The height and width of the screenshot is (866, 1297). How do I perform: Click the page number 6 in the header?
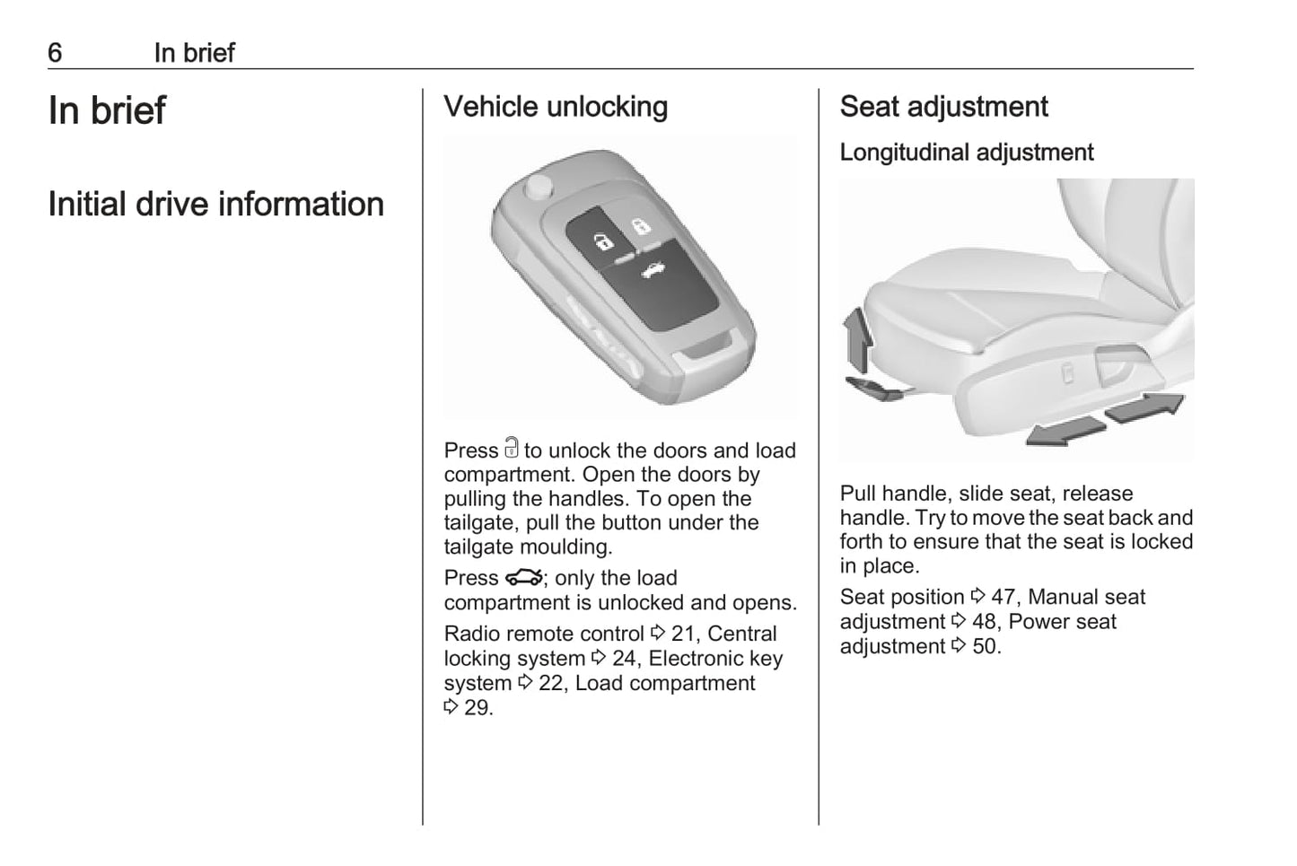click(x=55, y=53)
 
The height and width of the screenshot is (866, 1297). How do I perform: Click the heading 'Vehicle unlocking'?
click(x=556, y=107)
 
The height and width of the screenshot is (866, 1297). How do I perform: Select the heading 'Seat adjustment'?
click(x=943, y=107)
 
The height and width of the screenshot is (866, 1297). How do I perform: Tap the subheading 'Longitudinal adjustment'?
click(x=966, y=153)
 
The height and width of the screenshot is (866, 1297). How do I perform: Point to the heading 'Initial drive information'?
click(x=215, y=204)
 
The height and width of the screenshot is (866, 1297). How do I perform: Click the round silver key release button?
click(x=539, y=187)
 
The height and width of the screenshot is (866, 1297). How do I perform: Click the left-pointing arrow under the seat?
click(x=1065, y=431)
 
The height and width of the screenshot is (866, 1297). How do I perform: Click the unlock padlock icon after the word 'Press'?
click(x=511, y=448)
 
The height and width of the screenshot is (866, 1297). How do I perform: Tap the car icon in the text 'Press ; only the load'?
click(x=524, y=577)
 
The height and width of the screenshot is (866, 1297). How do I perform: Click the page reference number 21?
click(x=683, y=634)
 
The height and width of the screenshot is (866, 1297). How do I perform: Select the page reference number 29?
click(x=478, y=708)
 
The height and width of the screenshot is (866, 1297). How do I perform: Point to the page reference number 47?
click(x=1003, y=597)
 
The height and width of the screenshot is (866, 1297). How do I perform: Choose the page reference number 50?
click(x=985, y=646)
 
